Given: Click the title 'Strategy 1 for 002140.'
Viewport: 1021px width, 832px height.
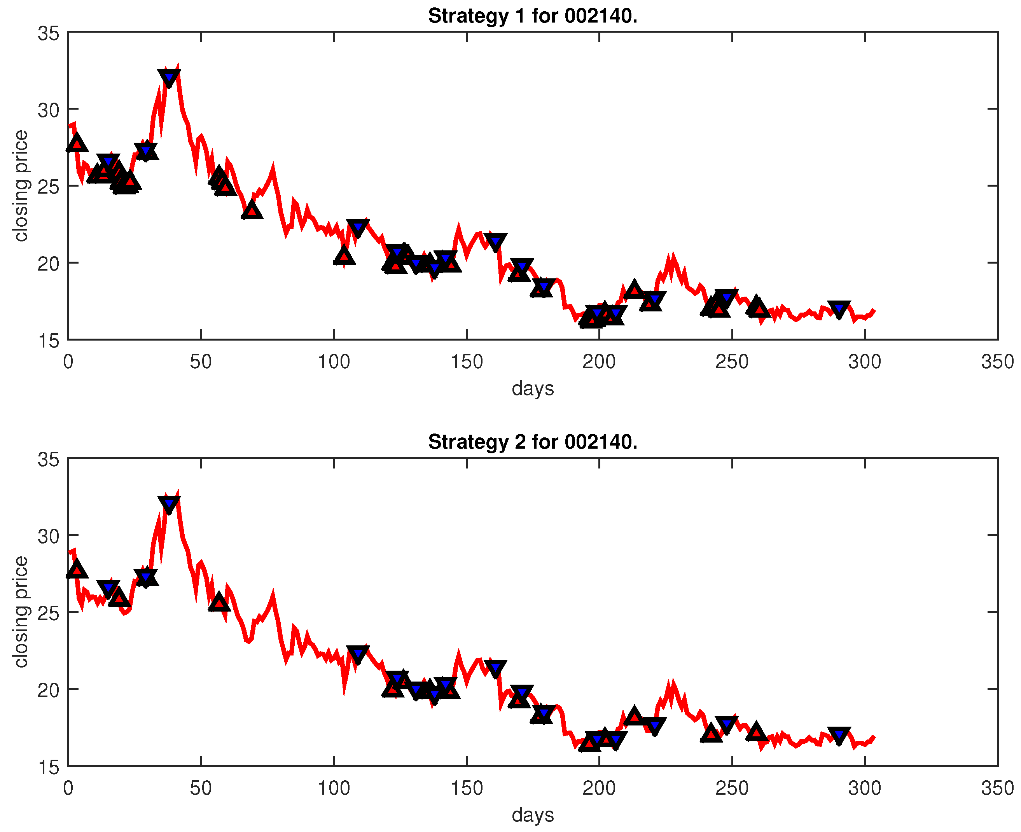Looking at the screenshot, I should (533, 16).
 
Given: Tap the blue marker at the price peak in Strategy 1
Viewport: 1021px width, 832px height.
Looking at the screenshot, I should (169, 77).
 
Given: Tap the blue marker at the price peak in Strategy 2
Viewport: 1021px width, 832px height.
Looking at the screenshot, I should (169, 503).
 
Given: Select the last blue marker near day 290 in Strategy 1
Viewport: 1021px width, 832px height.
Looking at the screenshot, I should (839, 309).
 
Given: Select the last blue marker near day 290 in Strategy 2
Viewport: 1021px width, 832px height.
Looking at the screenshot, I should (839, 735).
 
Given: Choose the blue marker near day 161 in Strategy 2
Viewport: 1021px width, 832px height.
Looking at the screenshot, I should (495, 668).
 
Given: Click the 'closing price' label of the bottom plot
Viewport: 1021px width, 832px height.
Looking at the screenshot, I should (21, 612).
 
